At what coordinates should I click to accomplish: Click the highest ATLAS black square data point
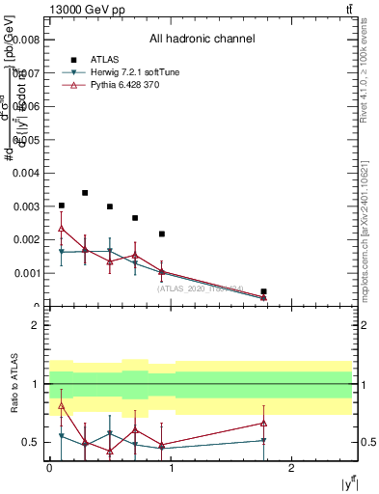coord(85,193)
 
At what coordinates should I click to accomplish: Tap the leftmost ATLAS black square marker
coord(62,206)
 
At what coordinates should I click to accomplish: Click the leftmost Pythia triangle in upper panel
coord(62,229)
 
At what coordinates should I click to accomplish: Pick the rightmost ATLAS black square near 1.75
coord(263,291)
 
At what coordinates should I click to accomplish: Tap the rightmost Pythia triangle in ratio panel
coord(263,423)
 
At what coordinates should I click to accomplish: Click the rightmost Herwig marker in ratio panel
coord(263,441)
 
